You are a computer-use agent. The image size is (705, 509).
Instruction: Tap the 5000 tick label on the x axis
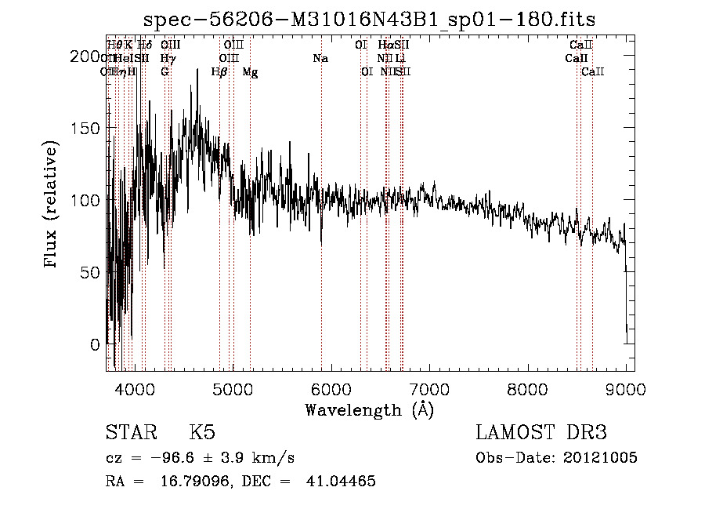[x=233, y=387]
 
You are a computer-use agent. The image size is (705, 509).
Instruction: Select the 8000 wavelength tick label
[x=527, y=387]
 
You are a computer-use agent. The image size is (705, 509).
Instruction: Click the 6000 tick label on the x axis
[x=331, y=387]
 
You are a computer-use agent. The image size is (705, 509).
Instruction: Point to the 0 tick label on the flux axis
[x=96, y=344]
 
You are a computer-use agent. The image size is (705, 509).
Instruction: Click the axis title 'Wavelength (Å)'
[x=369, y=409]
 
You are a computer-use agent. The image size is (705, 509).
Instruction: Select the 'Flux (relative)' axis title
[x=52, y=205]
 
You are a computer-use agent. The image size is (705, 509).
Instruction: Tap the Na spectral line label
[x=320, y=59]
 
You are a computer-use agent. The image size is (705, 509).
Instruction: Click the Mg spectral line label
[x=250, y=72]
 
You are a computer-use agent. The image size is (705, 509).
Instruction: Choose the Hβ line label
[x=219, y=72]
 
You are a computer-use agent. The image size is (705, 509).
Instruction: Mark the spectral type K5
[x=202, y=433]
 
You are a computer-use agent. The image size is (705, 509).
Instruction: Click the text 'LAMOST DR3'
[x=541, y=433]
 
